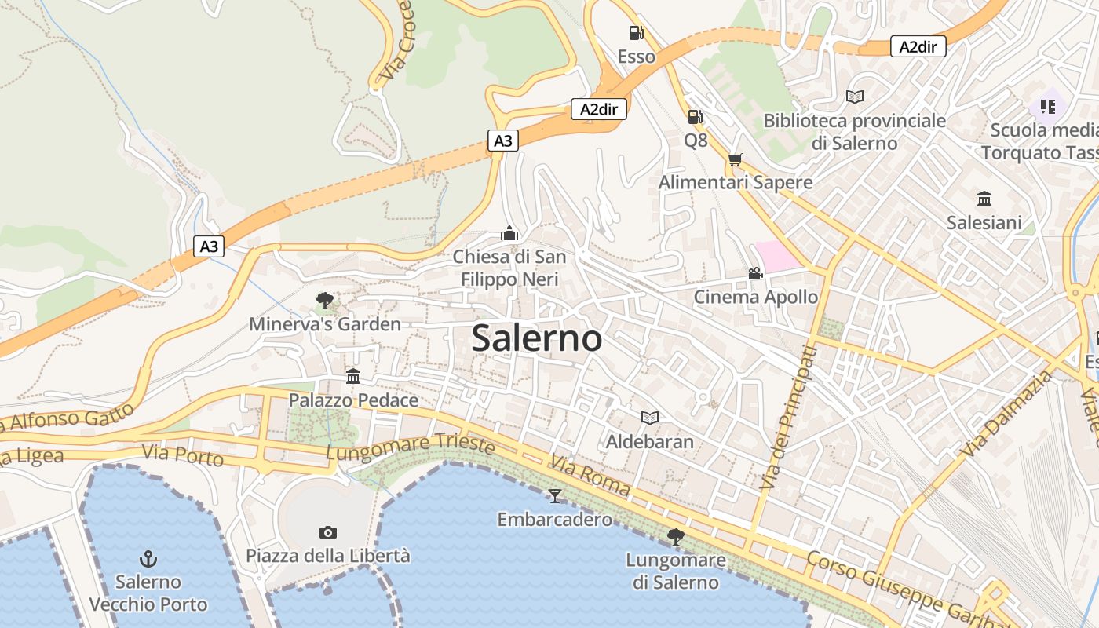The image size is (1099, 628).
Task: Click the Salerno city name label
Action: pos(537,338)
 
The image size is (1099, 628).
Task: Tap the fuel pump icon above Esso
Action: pos(636,33)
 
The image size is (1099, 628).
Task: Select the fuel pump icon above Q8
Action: pos(695,117)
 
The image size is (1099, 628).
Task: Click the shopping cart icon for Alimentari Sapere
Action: pos(735,159)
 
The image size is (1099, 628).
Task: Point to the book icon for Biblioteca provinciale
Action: pos(854,97)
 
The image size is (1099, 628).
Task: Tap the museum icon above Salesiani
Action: pos(984,199)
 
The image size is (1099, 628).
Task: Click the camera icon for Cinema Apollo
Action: pos(755,273)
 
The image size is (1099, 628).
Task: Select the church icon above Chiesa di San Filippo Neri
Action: pos(509,233)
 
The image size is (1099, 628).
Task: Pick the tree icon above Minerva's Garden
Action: pos(324,300)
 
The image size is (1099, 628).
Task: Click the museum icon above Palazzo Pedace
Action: pos(353,377)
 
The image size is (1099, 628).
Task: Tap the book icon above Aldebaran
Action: pos(649,418)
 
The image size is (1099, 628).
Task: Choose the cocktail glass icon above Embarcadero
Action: pos(555,495)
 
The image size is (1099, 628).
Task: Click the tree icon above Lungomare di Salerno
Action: pos(675,537)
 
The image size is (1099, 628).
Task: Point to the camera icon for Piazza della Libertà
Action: pos(328,532)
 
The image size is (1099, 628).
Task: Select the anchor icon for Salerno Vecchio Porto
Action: pos(148,559)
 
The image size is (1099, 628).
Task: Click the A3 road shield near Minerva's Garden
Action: pos(209,246)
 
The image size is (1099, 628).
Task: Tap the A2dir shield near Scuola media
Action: pos(918,47)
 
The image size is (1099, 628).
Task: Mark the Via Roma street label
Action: pos(590,476)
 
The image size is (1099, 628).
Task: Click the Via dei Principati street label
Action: pos(787,418)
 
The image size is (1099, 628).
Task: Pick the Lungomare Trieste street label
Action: pos(410,448)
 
